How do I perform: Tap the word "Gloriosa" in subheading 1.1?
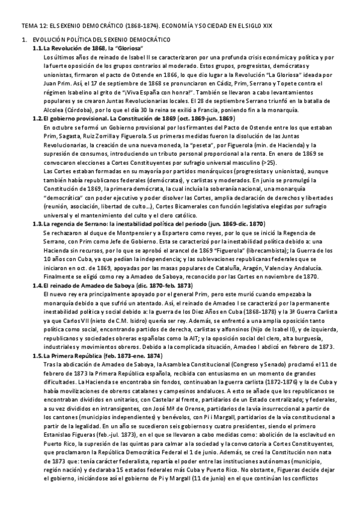pos(127,48)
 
